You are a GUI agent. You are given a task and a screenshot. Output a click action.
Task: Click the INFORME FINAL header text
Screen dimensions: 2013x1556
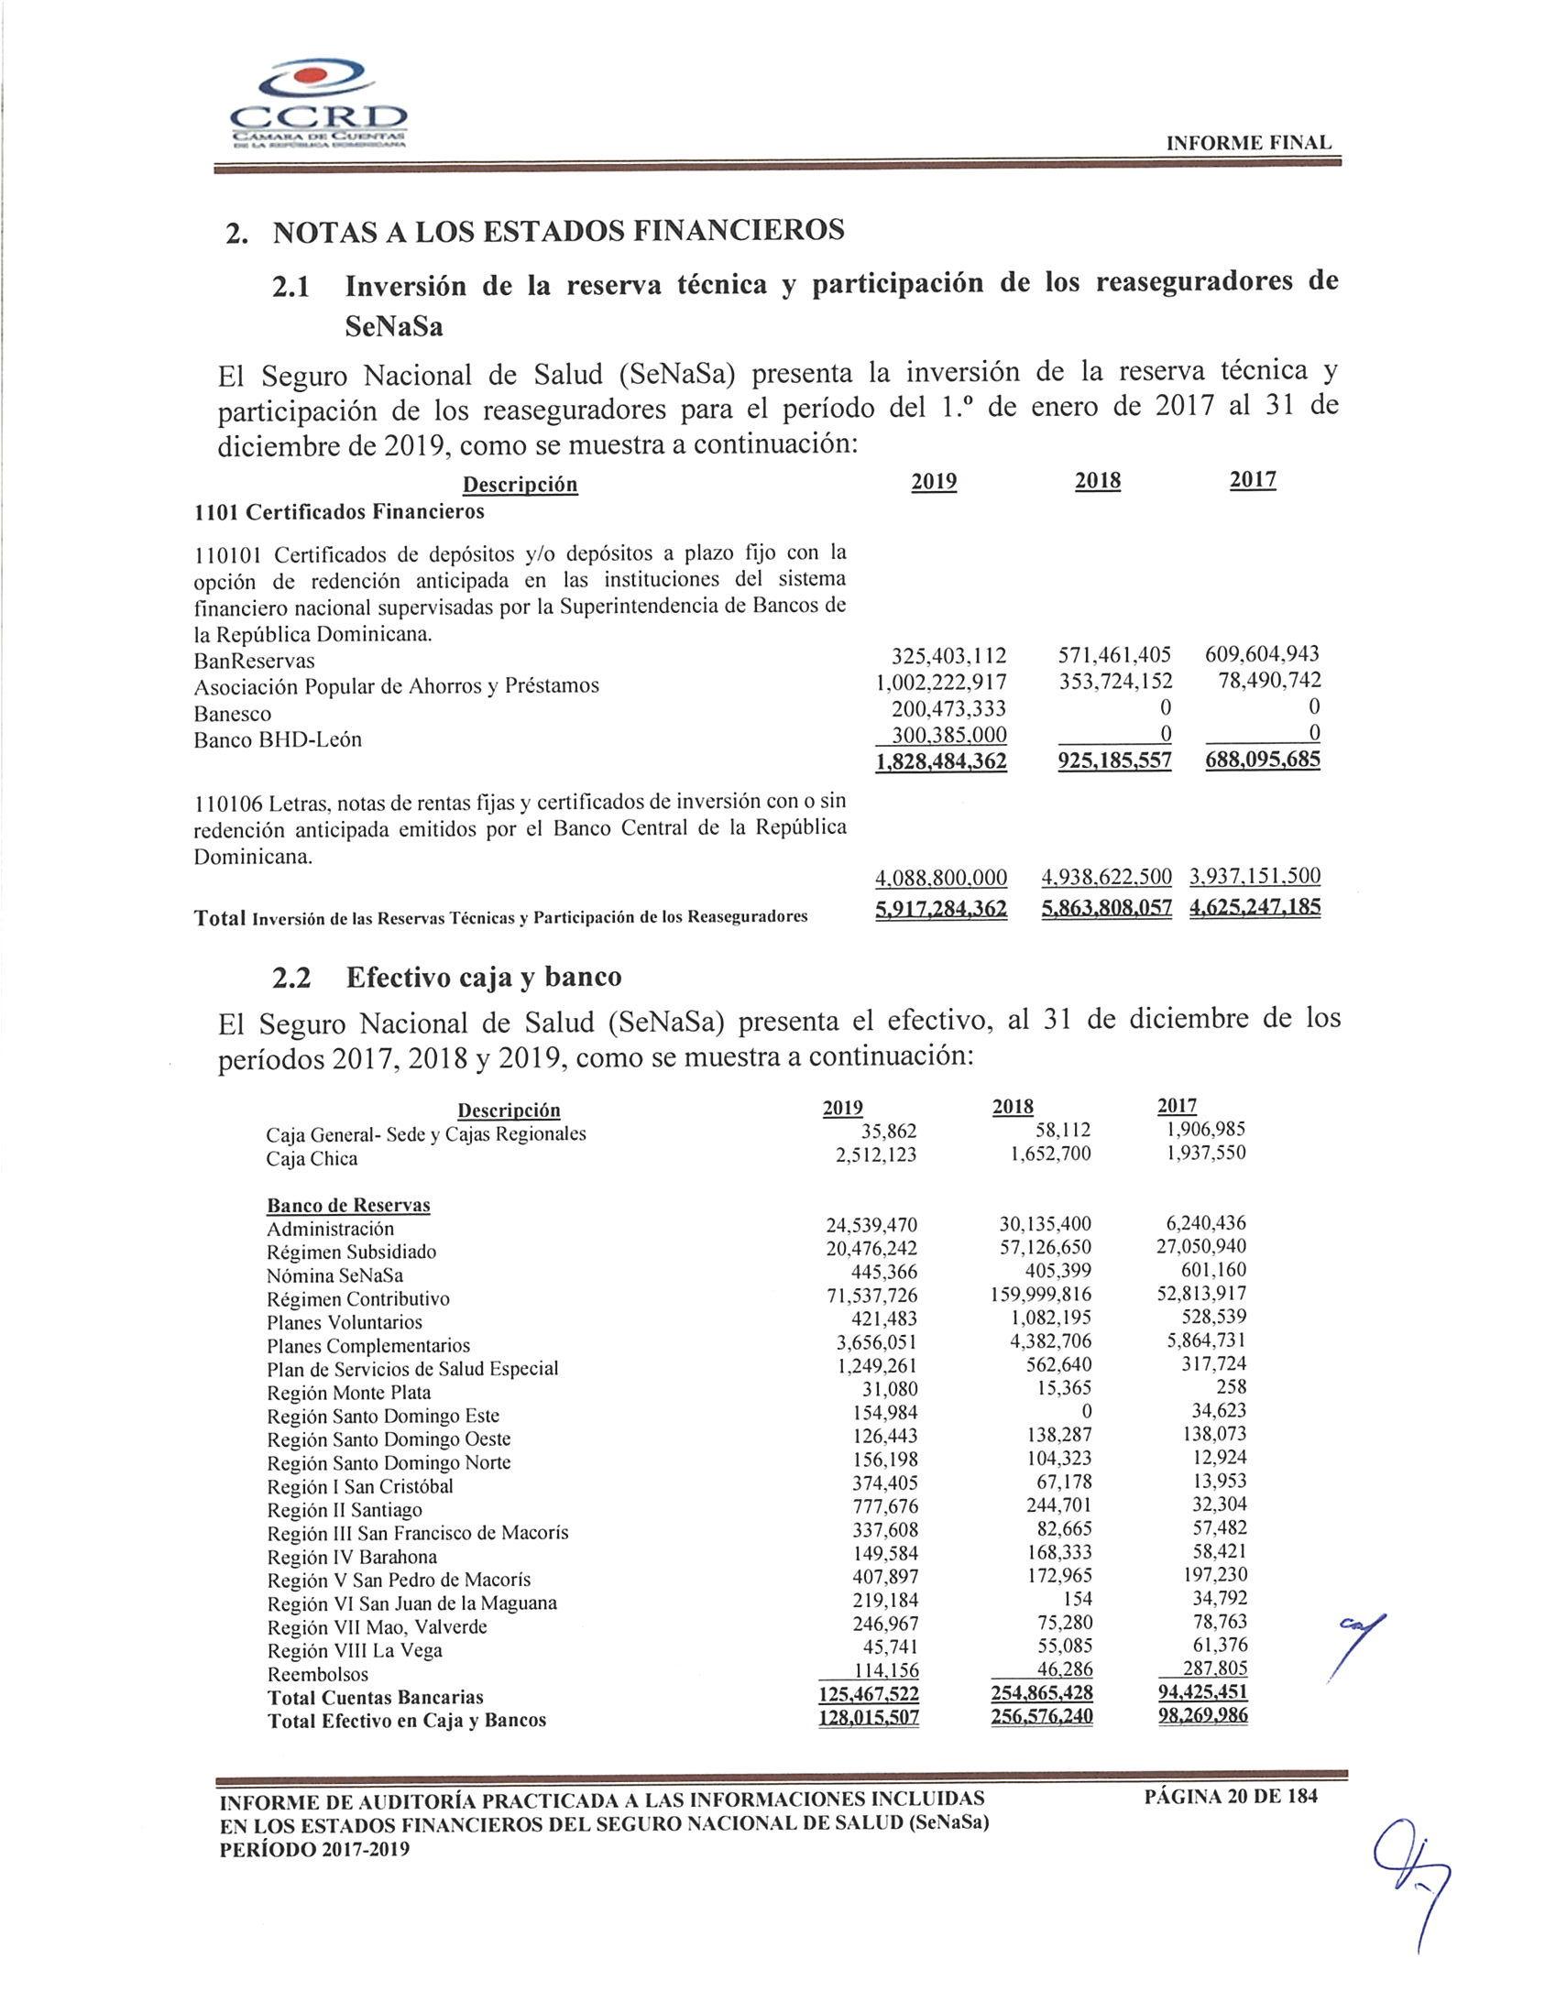1249,143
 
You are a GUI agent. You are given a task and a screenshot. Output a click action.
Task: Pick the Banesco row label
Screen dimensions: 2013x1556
232,714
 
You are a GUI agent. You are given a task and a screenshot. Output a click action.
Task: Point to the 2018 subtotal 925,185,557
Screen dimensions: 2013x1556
1106,760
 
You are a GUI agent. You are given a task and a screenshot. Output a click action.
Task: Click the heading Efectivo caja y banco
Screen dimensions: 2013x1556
483,977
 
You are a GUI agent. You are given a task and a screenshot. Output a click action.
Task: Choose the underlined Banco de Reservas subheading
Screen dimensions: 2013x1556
348,1206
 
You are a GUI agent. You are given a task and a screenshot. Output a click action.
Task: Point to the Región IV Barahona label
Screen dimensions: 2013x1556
352,1557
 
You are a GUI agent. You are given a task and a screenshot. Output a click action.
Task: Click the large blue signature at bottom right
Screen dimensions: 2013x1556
1410,1880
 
